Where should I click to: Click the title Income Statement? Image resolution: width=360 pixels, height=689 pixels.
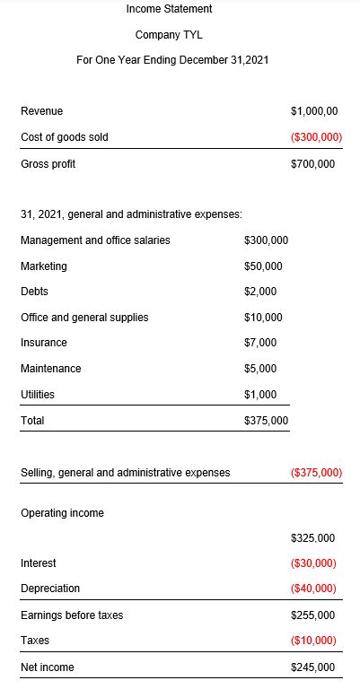pos(170,9)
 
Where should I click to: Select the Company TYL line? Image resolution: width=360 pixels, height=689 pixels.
pos(170,35)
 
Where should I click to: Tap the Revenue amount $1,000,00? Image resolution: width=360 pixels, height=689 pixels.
pos(314,111)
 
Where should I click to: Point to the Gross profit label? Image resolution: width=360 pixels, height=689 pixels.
pos(48,164)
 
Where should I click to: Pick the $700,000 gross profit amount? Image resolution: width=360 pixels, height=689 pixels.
pos(313,164)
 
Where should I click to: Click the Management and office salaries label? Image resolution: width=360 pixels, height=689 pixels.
pos(95,240)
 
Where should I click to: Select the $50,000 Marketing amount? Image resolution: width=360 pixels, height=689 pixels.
pos(263,266)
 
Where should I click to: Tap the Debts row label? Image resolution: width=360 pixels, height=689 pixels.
pos(34,292)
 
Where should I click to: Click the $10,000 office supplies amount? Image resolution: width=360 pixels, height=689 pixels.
pos(263,318)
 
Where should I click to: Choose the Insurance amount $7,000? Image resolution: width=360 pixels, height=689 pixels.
pos(260,343)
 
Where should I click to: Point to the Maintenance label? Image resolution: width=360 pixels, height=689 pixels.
pos(50,369)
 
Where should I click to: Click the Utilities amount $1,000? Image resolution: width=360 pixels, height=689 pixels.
pos(260,395)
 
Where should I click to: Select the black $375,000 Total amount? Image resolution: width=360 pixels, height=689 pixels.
pos(266,421)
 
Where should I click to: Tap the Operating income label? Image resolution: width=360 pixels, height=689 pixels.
pos(62,513)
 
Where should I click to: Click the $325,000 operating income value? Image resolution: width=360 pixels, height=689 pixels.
pos(313,538)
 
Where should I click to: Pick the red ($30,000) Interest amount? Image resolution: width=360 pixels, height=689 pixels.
pos(314,563)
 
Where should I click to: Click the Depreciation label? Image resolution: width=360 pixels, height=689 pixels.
pos(50,589)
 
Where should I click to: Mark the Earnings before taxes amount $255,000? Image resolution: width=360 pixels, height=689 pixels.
pos(313,615)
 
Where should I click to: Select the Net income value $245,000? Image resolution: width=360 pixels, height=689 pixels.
pos(313,667)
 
